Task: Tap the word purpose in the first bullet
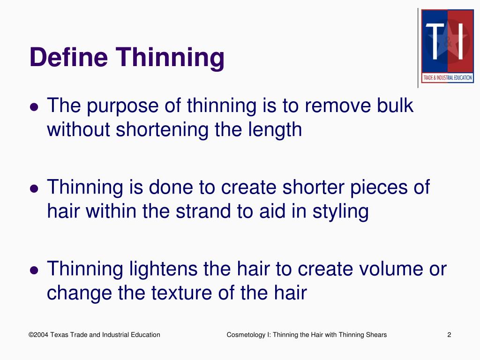click(117, 107)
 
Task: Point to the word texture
click(182, 293)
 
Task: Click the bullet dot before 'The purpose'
click(34, 107)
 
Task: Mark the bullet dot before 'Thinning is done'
click(34, 188)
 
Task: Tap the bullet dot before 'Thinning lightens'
click(34, 270)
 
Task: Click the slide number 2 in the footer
click(449, 335)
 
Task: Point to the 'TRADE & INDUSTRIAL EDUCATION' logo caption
click(447, 78)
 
